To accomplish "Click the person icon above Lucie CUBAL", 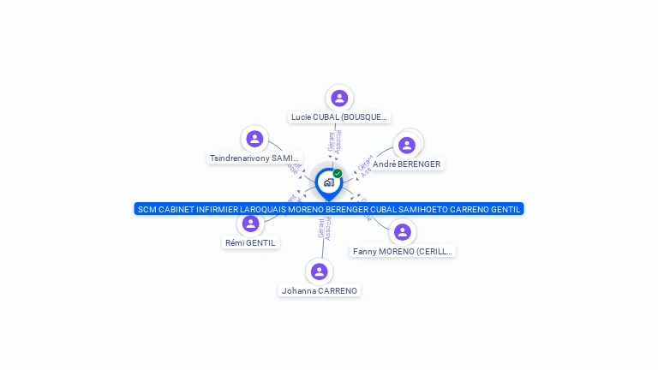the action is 339,98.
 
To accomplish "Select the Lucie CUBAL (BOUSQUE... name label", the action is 339,117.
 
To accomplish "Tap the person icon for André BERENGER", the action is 407,145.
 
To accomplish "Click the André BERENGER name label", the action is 406,164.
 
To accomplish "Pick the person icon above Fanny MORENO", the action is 403,232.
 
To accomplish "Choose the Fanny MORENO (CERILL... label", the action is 403,252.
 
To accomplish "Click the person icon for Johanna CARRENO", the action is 320,272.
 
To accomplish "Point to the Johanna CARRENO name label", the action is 320,291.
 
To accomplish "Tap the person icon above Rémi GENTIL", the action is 251,224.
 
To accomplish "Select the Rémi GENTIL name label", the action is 250,243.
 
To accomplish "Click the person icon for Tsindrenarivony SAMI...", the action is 254,139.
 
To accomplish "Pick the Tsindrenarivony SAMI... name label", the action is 255,158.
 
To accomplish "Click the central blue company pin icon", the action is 328,182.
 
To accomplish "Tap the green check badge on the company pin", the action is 338,173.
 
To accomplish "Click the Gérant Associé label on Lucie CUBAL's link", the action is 335,141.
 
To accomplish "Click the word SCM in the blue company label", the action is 147,209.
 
